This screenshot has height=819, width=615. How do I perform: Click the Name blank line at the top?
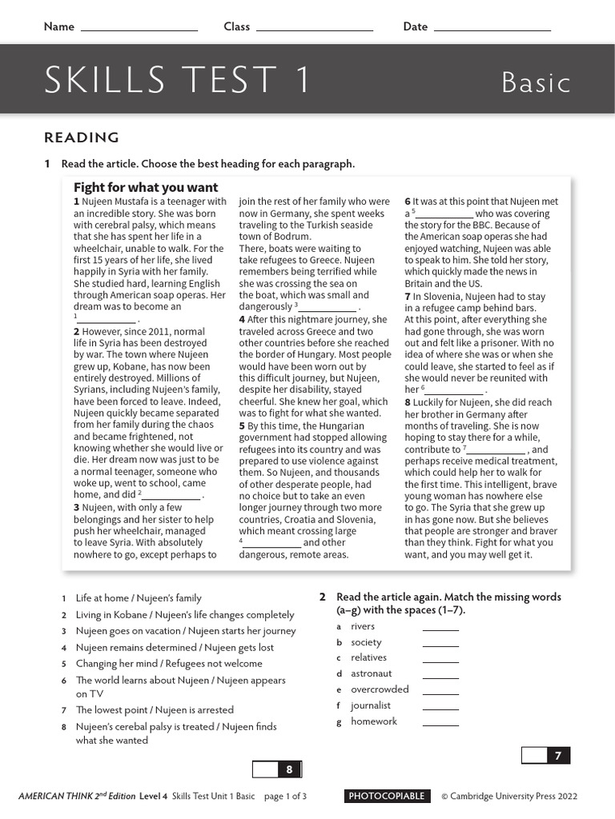tap(139, 29)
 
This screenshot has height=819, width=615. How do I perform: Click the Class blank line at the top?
tap(314, 29)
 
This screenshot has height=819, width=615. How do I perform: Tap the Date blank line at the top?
tap(492, 29)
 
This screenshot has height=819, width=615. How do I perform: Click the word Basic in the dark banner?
tap(536, 82)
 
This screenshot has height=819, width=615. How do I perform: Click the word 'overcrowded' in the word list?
tap(380, 689)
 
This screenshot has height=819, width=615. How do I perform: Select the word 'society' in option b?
tap(366, 642)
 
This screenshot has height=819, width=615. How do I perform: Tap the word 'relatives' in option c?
tap(368, 657)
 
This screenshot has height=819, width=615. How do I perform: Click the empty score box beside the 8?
tap(264, 769)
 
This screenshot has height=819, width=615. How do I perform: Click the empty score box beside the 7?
tap(534, 755)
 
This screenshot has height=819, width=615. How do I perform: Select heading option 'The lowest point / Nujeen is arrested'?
tap(155, 709)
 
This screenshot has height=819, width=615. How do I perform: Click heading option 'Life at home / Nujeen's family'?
tap(139, 598)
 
